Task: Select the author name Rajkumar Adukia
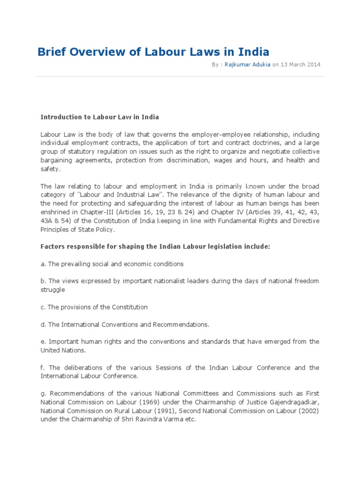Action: [247, 65]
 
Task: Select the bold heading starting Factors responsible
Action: [155, 247]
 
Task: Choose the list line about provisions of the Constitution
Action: [94, 307]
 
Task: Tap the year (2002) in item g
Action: [307, 411]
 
